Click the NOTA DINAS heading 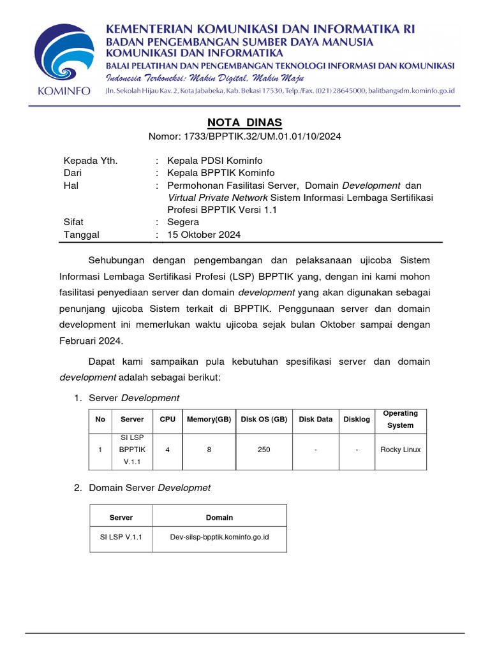pos(245,122)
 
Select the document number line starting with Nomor pos(245,136)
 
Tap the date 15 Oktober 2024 pos(204,235)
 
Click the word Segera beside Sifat pos(183,222)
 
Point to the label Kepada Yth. pos(91,160)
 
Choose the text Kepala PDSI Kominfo pos(214,160)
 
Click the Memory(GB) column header pos(209,420)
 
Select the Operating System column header pos(400,419)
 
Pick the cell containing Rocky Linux pos(400,450)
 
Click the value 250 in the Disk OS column pos(264,450)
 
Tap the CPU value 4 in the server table pos(167,450)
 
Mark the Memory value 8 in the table pos(209,450)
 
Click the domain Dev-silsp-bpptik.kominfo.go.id pos(219,537)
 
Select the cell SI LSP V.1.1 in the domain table pos(121,537)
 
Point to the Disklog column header pos(357,420)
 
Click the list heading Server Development pos(134,398)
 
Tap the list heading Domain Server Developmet pos(149,488)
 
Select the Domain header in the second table pos(219,517)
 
